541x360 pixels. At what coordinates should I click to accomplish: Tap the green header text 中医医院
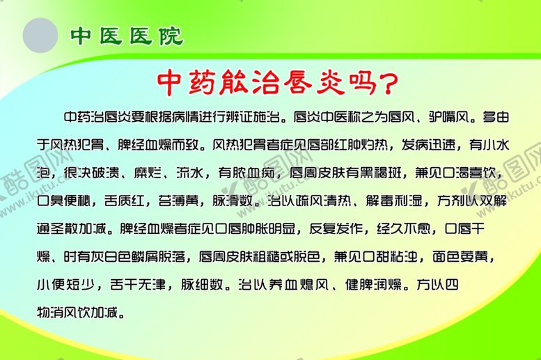(x=126, y=36)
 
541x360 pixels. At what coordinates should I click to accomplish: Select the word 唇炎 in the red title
(x=320, y=82)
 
